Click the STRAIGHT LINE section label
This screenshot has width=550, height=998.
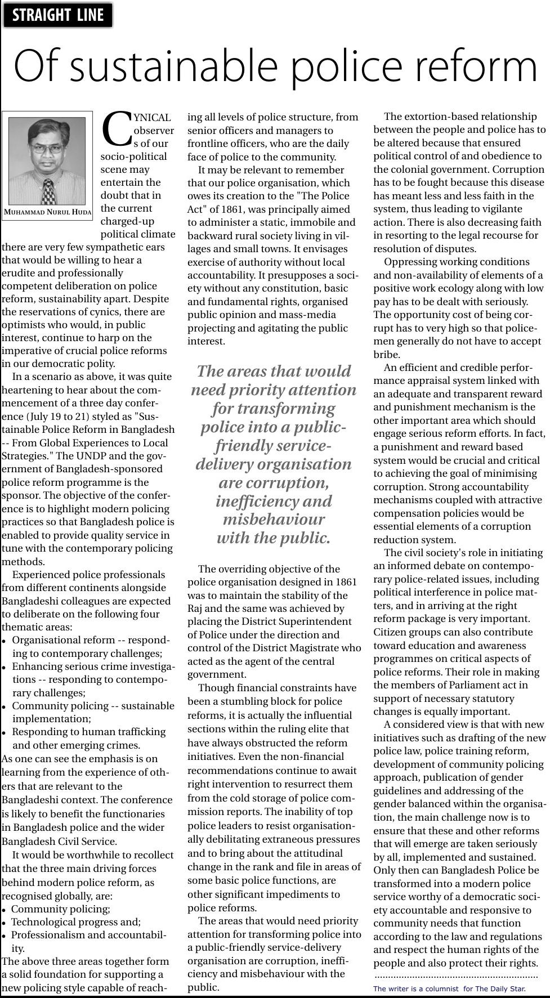click(x=57, y=15)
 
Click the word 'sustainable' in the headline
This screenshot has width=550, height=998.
click(x=179, y=66)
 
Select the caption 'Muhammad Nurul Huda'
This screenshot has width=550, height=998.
click(x=47, y=212)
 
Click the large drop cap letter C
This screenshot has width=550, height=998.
click(x=117, y=128)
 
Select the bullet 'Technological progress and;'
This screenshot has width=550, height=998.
click(x=76, y=921)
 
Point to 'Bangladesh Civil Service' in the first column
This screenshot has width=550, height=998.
click(x=59, y=841)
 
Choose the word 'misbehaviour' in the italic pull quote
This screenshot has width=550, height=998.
click(x=274, y=519)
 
